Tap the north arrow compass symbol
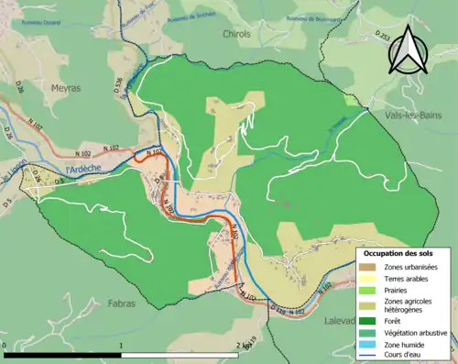tap(408, 49)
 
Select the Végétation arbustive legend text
tap(417, 332)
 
